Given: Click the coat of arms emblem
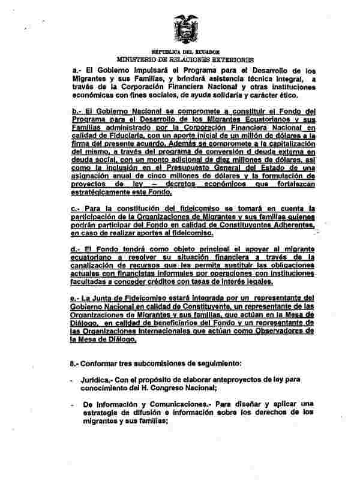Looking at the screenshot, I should pyautogui.click(x=185, y=28).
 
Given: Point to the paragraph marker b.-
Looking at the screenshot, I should pyautogui.click(x=76, y=112).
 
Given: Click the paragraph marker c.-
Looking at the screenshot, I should pyautogui.click(x=76, y=208).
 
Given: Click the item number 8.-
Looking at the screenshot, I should pyautogui.click(x=75, y=364).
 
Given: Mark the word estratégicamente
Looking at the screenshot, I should pyautogui.click(x=104, y=194).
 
